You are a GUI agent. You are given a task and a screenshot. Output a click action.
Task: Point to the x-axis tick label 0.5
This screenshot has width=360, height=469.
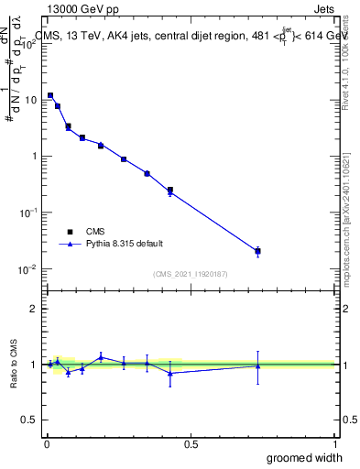(x=191, y=442)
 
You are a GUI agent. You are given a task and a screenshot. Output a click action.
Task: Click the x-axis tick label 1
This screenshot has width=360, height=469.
(x=334, y=442)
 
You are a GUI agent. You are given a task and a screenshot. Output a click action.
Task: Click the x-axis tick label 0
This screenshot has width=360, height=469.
(x=47, y=442)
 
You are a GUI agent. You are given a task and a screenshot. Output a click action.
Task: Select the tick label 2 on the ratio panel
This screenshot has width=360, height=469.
(x=33, y=309)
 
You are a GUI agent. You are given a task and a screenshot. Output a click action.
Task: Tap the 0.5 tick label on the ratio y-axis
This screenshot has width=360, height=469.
(x=27, y=420)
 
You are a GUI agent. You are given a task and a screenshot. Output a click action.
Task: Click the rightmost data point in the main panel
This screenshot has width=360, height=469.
(x=257, y=250)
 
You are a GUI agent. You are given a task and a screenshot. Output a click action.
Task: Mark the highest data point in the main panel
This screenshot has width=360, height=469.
(x=50, y=95)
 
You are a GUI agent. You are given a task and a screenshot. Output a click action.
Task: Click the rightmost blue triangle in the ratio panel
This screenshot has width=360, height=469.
(x=257, y=365)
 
